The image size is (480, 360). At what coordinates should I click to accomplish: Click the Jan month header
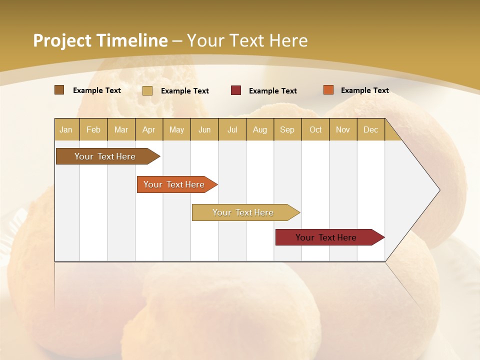[x=66, y=129]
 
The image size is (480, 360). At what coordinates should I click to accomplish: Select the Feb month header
[x=93, y=129]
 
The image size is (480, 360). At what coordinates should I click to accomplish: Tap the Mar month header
[x=121, y=129]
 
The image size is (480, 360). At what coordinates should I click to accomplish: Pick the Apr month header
[x=148, y=129]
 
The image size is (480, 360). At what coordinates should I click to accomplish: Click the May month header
[x=176, y=129]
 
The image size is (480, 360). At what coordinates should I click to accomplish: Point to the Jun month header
[x=204, y=129]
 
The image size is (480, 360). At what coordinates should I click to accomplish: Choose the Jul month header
[x=232, y=129]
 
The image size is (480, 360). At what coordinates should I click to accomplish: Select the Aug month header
[x=260, y=129]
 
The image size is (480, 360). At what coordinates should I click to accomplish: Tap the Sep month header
[x=287, y=129]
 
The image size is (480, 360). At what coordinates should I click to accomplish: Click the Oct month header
[x=315, y=129]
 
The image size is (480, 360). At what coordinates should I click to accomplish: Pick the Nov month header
[x=343, y=129]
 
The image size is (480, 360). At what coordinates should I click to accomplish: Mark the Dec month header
[x=371, y=129]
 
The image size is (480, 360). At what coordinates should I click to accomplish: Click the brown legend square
[x=59, y=90]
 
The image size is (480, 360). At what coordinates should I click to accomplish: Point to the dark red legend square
[x=236, y=90]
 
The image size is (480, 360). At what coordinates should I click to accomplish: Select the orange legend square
[x=328, y=90]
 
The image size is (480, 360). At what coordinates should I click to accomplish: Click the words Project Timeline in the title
[x=100, y=40]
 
